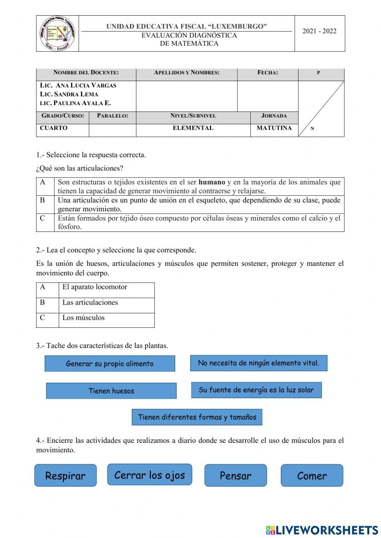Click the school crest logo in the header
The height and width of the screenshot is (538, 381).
click(x=58, y=34)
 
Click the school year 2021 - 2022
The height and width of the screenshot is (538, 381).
click(x=319, y=31)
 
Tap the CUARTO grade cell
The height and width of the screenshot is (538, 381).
click(x=54, y=128)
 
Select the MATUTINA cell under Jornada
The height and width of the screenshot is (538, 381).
click(x=274, y=128)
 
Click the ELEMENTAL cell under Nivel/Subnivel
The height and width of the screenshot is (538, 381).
click(x=193, y=128)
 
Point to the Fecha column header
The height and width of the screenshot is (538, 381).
click(x=267, y=73)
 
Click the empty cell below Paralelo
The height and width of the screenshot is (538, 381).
click(x=112, y=130)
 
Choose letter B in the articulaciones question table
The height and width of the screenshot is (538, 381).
click(x=43, y=200)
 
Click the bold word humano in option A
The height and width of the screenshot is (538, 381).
click(x=212, y=182)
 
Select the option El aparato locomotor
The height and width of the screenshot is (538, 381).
click(x=95, y=287)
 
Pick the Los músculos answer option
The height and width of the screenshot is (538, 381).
click(x=83, y=318)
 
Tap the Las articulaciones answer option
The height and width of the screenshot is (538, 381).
click(x=90, y=303)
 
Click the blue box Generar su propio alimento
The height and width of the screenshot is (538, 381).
click(x=110, y=364)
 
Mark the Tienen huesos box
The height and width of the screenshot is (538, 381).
click(x=111, y=391)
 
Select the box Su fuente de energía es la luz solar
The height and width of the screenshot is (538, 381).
click(x=256, y=390)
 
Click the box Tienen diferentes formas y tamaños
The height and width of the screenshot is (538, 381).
click(x=197, y=417)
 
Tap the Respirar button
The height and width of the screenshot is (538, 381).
click(x=66, y=476)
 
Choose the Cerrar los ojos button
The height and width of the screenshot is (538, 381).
click(x=149, y=475)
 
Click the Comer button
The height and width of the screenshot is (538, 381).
click(x=312, y=476)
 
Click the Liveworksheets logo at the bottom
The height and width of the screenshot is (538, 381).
click(x=322, y=530)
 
